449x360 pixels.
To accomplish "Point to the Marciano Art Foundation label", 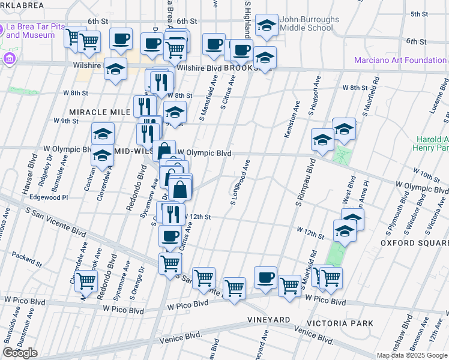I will point(400,60).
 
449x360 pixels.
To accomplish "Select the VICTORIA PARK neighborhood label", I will point(340,323).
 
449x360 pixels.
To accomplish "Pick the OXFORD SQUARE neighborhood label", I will point(414,242).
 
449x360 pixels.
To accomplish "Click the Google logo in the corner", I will point(20,353).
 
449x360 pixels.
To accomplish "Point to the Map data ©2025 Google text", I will point(411,355).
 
